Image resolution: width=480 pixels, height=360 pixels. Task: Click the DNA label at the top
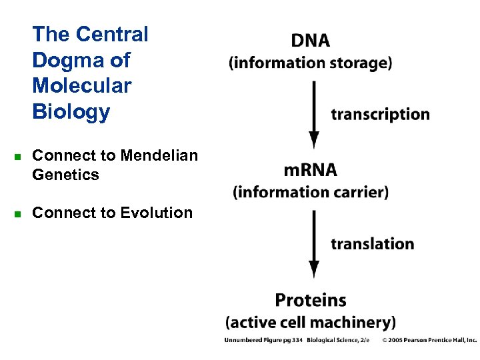click(x=310, y=40)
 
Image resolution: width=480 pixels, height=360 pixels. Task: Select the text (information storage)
click(x=310, y=63)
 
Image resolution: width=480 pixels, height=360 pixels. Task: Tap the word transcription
click(x=380, y=114)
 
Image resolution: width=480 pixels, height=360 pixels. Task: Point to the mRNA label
click(x=310, y=170)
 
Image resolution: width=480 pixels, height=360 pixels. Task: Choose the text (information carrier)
click(x=310, y=193)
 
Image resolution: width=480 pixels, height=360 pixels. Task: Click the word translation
click(x=372, y=243)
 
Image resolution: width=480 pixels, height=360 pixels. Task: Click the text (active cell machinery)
click(x=311, y=323)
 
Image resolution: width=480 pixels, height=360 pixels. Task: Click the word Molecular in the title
click(x=81, y=85)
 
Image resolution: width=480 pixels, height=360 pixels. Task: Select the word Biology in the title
click(x=71, y=111)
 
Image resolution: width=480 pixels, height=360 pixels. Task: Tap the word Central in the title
click(x=112, y=34)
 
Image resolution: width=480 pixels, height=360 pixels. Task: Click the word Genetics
click(x=65, y=175)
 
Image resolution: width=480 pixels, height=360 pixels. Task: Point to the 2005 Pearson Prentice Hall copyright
click(x=429, y=340)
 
